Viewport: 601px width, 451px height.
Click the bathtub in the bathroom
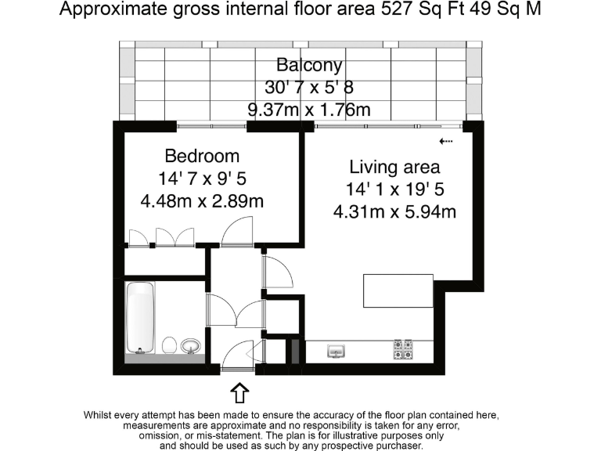click(141, 318)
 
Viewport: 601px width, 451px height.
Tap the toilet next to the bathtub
click(168, 345)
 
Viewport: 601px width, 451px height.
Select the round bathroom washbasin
click(190, 345)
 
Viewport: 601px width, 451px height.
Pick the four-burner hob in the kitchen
click(402, 349)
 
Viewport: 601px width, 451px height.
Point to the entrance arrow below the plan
click(241, 390)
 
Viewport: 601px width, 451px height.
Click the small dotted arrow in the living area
click(447, 142)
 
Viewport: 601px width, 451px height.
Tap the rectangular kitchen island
click(398, 290)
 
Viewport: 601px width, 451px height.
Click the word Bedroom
click(202, 155)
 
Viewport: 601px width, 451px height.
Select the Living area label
click(394, 167)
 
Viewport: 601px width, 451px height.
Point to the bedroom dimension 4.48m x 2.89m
click(202, 201)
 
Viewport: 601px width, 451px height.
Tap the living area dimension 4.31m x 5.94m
click(394, 211)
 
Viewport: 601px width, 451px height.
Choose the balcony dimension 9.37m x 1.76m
click(309, 110)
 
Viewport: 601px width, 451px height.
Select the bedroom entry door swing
click(236, 233)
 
